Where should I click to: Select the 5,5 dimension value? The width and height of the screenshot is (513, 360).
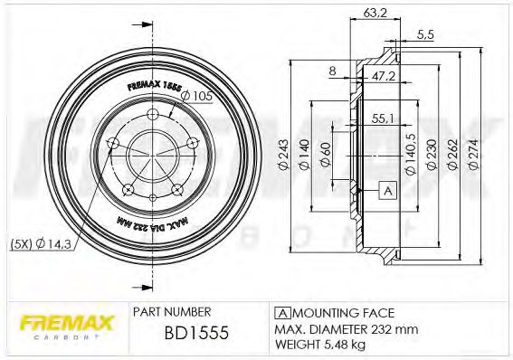click(x=424, y=35)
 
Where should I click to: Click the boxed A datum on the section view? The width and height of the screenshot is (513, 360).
click(x=388, y=190)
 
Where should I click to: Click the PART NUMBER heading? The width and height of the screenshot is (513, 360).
click(x=173, y=310)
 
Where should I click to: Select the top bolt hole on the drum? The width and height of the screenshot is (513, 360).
click(x=153, y=113)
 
